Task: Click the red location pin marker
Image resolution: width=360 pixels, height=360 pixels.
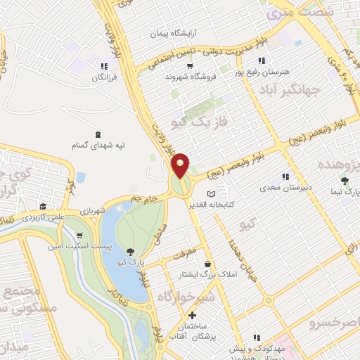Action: tap(181, 165)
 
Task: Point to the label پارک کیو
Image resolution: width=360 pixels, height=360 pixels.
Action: tap(130, 262)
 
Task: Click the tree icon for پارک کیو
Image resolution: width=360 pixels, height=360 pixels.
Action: tap(130, 252)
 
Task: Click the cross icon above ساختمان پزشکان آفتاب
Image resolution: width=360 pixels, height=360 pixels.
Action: tap(191, 314)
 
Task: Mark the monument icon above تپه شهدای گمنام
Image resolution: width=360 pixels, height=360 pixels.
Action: tap(96, 134)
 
